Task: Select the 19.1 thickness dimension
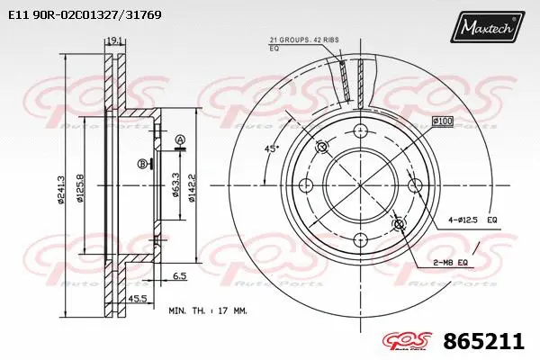pos(113,40)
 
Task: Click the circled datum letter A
pos(179,139)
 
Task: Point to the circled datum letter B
pos(142,163)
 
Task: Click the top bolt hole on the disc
pos(360,130)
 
